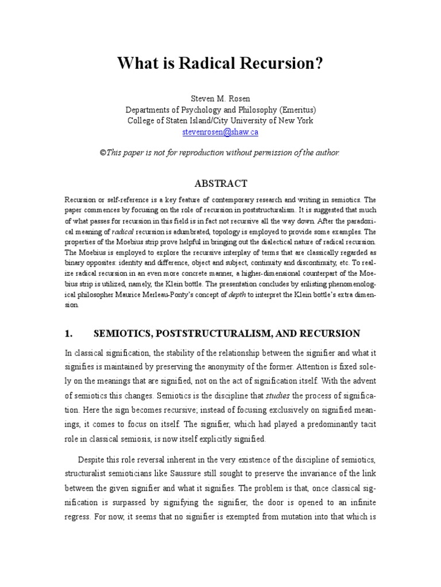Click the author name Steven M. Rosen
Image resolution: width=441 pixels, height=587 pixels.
pyautogui.click(x=220, y=99)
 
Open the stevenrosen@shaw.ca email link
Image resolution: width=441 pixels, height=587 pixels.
pyautogui.click(x=220, y=131)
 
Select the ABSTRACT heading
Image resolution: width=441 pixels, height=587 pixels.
pyautogui.click(x=220, y=183)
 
